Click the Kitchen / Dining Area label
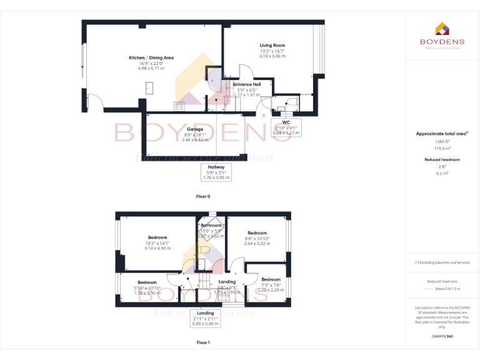coord(151,57)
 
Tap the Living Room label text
coord(272,46)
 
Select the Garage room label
coord(194,129)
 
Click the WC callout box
coord(286,127)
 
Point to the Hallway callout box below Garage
coord(216,172)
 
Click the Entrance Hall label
coord(246,84)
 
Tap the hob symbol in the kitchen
coord(180,105)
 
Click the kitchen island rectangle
coord(150,87)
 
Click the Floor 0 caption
coord(203,196)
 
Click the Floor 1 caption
coord(203,342)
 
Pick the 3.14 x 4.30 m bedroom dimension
coord(157,248)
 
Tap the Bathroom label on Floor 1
coord(211,225)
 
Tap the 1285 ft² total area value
coord(442,142)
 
